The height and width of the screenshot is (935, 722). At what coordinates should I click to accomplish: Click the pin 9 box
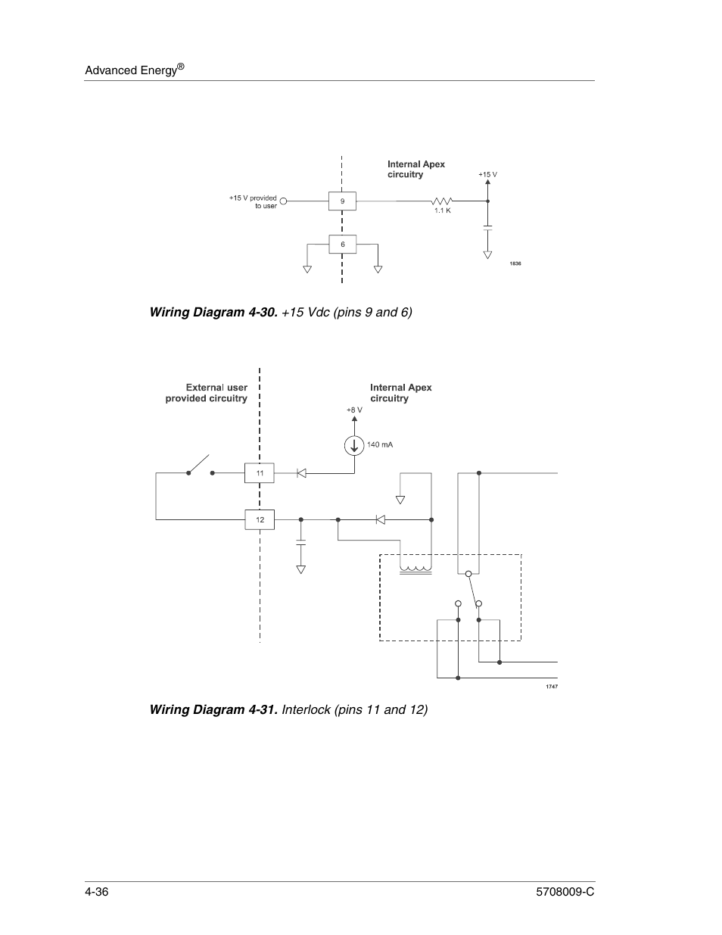tap(342, 201)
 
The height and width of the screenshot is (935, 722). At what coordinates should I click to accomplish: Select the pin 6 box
tap(342, 245)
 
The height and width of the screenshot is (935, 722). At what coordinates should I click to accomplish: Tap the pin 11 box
tap(260, 473)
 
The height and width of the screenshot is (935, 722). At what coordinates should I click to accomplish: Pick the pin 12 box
tap(260, 520)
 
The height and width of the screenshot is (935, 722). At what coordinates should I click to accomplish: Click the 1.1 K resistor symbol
tap(442, 201)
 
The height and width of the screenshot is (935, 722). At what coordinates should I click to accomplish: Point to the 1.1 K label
tap(443, 210)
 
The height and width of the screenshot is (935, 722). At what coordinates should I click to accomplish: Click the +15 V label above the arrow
tap(487, 175)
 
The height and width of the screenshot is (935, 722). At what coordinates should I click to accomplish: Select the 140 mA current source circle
tap(354, 446)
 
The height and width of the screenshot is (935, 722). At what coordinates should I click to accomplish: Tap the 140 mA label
tap(380, 444)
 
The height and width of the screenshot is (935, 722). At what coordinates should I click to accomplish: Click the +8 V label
tap(354, 410)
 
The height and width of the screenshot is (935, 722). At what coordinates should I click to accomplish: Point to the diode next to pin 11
tap(301, 473)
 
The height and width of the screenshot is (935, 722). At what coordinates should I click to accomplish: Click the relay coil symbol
tap(415, 570)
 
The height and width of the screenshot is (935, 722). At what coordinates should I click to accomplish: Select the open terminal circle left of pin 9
tap(283, 201)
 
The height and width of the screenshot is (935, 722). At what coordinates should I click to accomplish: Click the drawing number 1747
tap(552, 687)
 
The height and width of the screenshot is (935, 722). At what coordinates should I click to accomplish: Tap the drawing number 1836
tap(515, 263)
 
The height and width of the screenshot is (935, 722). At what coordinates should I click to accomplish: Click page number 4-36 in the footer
tap(97, 892)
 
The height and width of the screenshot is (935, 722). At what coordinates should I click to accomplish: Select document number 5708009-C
tap(565, 892)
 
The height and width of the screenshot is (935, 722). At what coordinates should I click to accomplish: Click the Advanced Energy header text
tap(135, 70)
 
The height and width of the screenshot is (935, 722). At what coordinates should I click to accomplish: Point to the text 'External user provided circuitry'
tap(207, 393)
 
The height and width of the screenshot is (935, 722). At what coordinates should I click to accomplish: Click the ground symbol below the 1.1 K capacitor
tap(487, 255)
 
